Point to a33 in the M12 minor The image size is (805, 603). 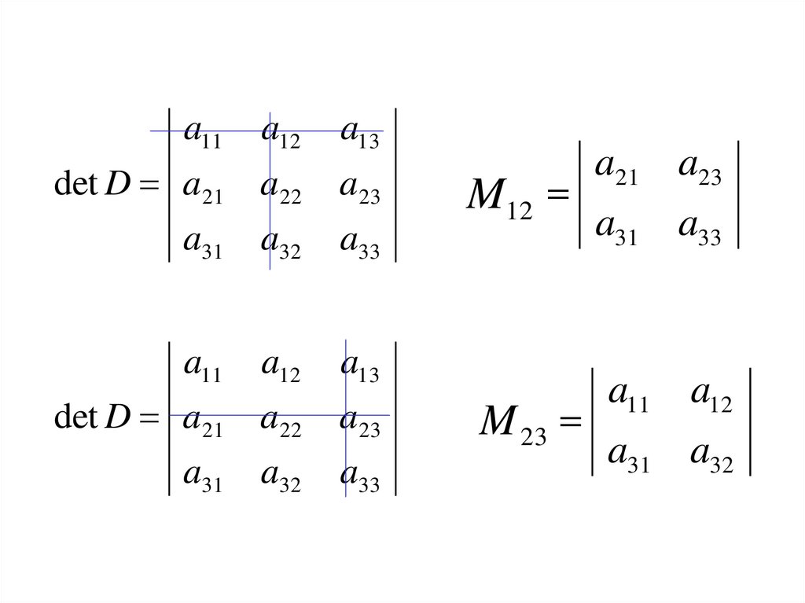click(699, 229)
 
